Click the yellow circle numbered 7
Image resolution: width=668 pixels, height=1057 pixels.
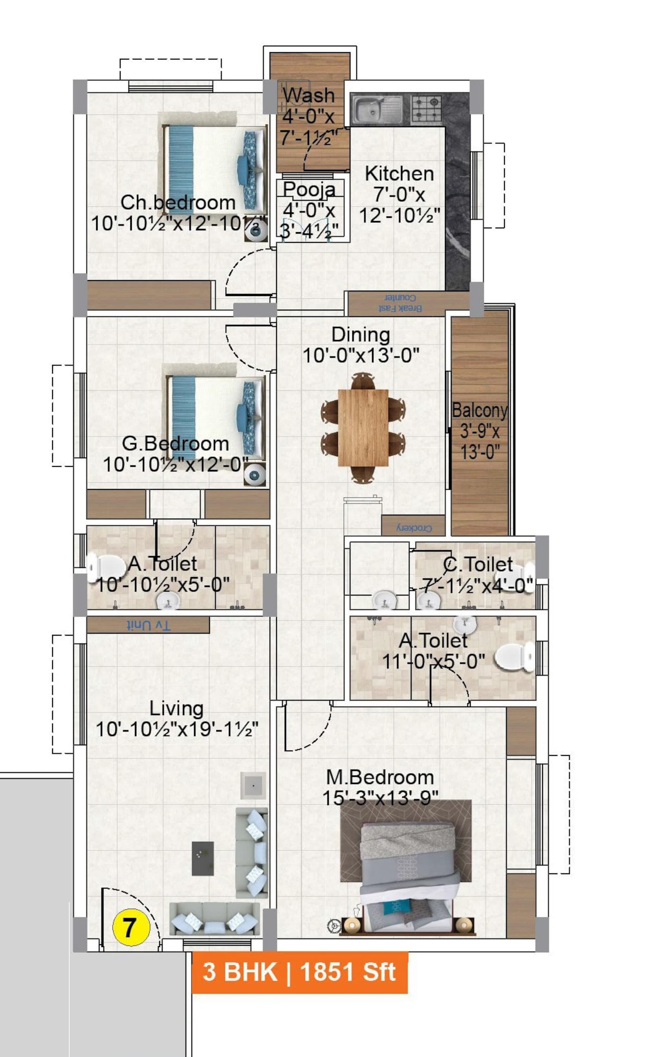point(131,927)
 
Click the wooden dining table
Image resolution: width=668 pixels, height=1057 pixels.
point(363,427)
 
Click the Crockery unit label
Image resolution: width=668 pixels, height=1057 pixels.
point(414,528)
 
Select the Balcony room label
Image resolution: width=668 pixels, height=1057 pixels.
point(480,411)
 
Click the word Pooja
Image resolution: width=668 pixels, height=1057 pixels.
point(309,189)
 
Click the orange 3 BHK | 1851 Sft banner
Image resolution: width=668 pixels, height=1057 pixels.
point(299,972)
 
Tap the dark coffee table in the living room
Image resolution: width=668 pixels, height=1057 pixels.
point(203,858)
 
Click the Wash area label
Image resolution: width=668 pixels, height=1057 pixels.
point(309,95)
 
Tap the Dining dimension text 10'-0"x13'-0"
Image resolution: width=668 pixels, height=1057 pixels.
point(361,355)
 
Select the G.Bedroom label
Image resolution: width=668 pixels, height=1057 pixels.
point(175,444)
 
